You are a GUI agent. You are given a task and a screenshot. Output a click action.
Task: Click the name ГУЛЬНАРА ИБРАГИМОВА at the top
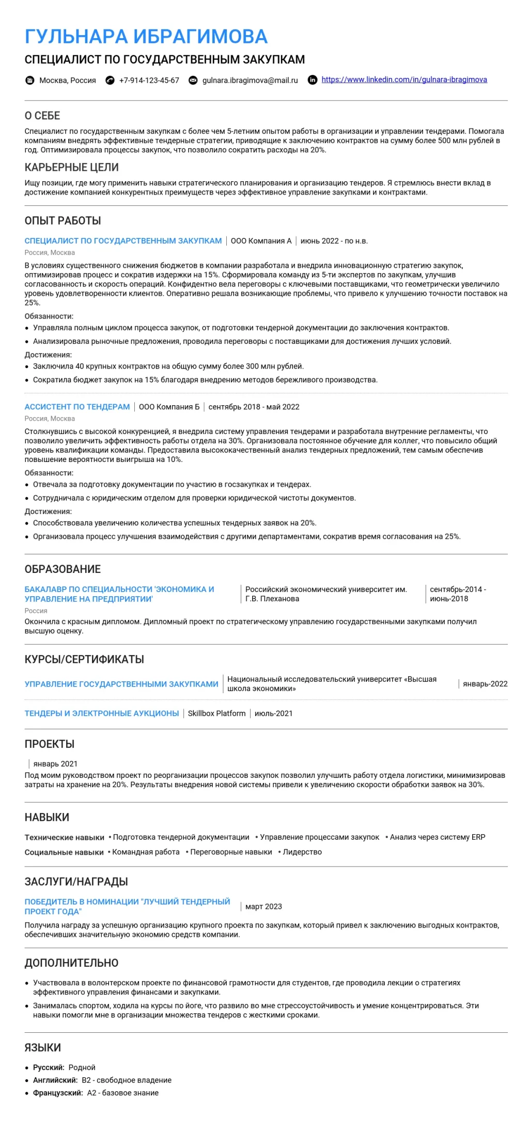tap(146, 36)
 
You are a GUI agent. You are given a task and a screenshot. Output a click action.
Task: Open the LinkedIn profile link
tap(404, 79)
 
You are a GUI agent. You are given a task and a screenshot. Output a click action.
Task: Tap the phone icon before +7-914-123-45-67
tap(110, 80)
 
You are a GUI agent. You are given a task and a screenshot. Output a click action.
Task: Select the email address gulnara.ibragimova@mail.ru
tap(250, 80)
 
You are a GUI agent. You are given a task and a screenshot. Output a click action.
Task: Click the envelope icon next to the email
tap(193, 80)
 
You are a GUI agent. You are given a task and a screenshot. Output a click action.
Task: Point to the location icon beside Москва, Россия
tap(30, 80)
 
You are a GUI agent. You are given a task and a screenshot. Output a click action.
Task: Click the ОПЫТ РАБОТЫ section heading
tap(63, 220)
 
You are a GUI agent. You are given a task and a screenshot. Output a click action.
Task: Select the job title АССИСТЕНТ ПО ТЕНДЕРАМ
tap(77, 407)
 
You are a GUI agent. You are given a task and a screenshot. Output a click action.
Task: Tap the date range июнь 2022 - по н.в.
tap(334, 241)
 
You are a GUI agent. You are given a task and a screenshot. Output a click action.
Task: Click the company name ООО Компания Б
tap(169, 407)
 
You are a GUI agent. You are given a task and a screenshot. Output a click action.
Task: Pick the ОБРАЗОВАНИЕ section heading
tap(63, 569)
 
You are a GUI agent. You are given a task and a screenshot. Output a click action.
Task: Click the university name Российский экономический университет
tap(326, 589)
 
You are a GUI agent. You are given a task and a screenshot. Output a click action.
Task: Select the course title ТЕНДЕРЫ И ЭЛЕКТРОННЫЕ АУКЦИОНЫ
tap(102, 713)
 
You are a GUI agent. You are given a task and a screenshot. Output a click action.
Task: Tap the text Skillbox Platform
tap(216, 713)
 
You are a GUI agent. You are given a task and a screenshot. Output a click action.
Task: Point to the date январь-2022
tap(485, 684)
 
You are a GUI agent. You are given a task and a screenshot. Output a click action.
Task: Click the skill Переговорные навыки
tap(231, 852)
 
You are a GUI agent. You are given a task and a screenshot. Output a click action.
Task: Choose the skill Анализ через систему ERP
tap(438, 837)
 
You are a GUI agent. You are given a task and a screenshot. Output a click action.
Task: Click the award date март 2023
tap(263, 906)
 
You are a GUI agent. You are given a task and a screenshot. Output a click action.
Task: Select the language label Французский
tap(57, 1093)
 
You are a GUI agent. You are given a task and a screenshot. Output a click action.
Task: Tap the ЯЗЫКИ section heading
tap(43, 1047)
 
